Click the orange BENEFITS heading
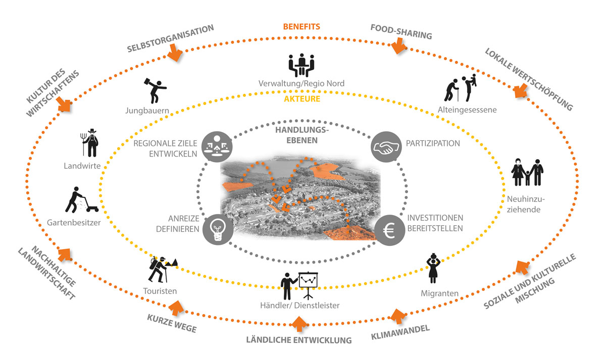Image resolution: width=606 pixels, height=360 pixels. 301,26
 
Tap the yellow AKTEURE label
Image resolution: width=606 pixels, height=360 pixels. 301,99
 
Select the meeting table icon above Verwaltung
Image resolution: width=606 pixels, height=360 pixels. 301,65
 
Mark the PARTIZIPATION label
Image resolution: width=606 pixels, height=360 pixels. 433,143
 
